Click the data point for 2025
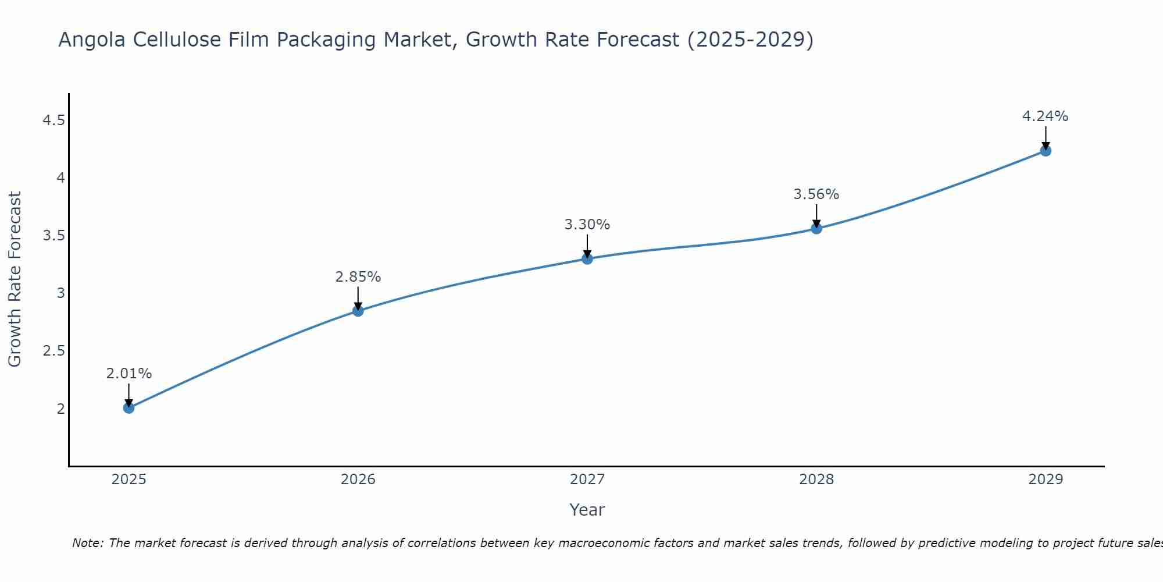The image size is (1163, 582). tap(129, 408)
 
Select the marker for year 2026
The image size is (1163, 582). tap(358, 311)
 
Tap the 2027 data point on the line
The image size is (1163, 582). tap(587, 258)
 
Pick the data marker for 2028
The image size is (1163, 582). tap(816, 228)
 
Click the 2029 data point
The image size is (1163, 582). tap(1046, 151)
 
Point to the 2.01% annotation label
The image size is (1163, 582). tap(129, 374)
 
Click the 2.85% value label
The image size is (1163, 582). tap(358, 277)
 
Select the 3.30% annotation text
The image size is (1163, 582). tap(587, 225)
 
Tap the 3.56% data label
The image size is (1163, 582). tap(816, 194)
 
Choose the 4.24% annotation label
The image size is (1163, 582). tap(1046, 116)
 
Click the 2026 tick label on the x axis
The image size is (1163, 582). tap(358, 480)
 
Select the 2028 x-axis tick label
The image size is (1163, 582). tap(816, 480)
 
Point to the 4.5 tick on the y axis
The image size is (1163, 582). tap(53, 120)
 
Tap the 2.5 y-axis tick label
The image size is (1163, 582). tap(53, 351)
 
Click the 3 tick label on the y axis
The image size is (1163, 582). tap(60, 293)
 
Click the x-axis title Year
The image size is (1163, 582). tap(587, 510)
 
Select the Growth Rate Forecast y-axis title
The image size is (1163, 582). tap(15, 279)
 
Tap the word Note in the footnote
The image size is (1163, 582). tap(87, 543)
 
